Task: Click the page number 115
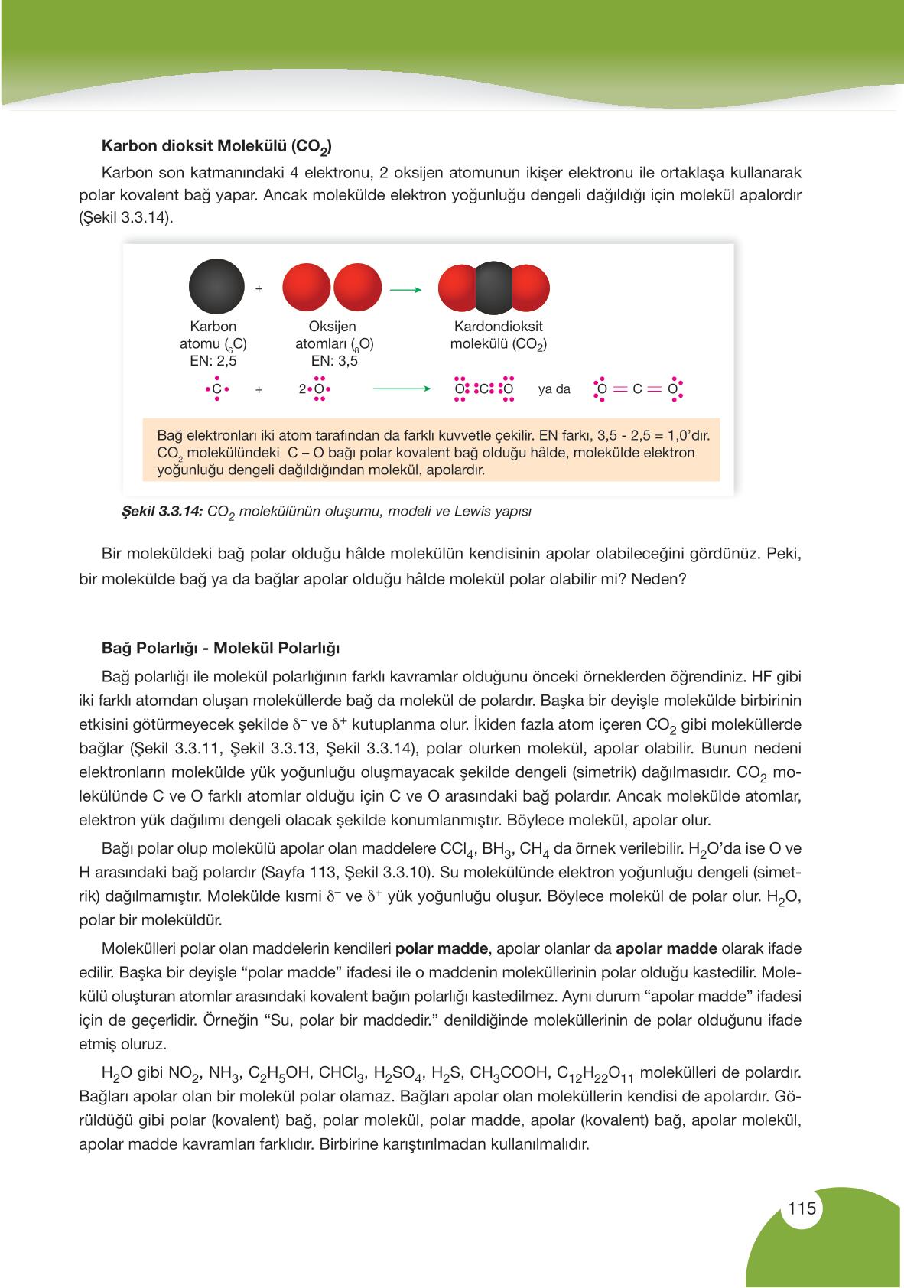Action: (802, 1209)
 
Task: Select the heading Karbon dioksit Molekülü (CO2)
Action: (216, 146)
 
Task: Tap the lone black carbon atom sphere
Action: (216, 289)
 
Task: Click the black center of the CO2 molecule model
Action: (493, 289)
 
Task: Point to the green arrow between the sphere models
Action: (406, 290)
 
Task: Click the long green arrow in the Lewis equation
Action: (402, 389)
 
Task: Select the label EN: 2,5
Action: (213, 361)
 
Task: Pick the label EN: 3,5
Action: (334, 361)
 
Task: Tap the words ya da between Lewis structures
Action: (554, 389)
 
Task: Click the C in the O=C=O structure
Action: (637, 389)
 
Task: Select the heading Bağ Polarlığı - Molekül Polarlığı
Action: (221, 648)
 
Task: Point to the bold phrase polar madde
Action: (442, 949)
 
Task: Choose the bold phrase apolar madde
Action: (666, 949)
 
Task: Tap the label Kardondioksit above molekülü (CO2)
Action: (498, 327)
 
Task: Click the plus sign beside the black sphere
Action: (259, 289)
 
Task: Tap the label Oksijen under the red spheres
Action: (334, 327)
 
